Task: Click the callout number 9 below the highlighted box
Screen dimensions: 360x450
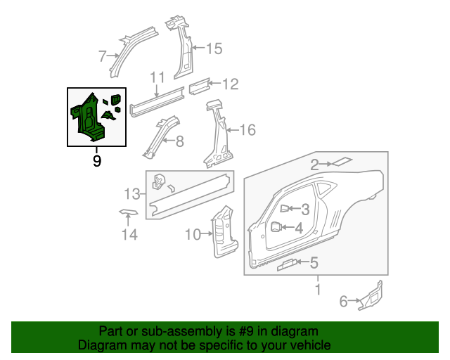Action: pos(97,161)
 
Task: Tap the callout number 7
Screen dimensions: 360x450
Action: pos(102,56)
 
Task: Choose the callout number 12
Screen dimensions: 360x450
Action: pos(230,84)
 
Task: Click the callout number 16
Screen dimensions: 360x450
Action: pos(247,130)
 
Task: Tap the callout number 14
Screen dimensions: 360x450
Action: pos(127,235)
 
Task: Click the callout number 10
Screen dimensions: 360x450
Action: pos(193,235)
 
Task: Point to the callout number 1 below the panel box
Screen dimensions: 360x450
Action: pos(317,289)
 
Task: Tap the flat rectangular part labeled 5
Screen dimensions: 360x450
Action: pos(287,264)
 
